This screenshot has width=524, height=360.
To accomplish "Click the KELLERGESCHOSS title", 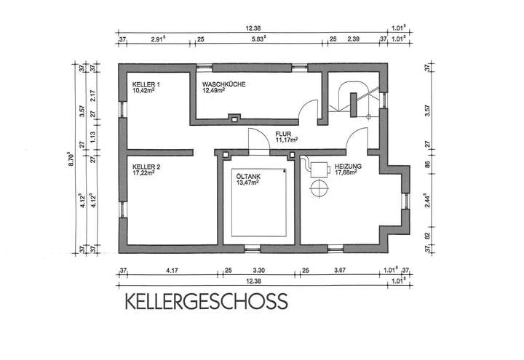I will [206, 301].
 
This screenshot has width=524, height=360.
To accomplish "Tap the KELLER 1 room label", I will [146, 85].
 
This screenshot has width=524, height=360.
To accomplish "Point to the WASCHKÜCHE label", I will [223, 85].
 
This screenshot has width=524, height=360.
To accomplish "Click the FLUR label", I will [283, 134].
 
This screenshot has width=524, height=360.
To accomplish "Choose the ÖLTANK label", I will [248, 176].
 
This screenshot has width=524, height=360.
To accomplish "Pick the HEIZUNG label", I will [348, 167].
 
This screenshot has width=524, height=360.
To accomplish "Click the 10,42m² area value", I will [145, 92].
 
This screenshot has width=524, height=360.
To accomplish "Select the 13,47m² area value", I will [248, 183].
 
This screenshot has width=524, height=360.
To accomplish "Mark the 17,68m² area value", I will [346, 173].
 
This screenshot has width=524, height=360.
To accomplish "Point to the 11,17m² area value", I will [287, 140].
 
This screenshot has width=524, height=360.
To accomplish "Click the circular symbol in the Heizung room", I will [318, 189].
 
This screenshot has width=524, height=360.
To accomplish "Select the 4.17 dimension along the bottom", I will [172, 271].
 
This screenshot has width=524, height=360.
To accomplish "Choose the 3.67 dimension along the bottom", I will [339, 271].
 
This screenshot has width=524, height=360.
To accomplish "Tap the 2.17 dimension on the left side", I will [92, 95].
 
